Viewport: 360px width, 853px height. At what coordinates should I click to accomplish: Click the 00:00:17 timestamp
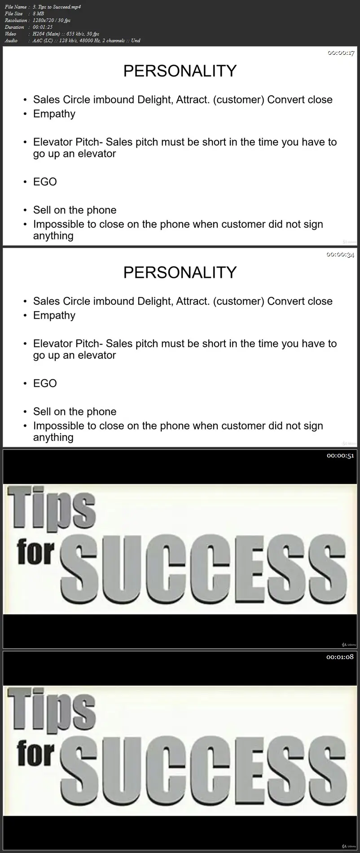pyautogui.click(x=341, y=53)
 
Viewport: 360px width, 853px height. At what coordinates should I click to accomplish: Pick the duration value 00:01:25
pyautogui.click(x=43, y=27)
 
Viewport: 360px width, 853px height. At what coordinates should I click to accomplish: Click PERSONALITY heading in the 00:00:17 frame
pyautogui.click(x=180, y=71)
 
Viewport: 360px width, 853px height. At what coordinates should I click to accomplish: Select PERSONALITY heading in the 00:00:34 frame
pyautogui.click(x=180, y=273)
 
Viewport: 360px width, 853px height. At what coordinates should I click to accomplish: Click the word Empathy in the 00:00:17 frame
pyautogui.click(x=54, y=114)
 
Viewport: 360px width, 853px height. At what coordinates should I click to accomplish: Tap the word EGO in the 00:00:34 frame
pyautogui.click(x=45, y=383)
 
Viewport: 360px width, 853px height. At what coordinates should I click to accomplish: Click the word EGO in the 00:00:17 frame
pyautogui.click(x=45, y=182)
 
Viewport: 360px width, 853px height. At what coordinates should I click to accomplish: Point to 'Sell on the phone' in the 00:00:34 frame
pyautogui.click(x=75, y=412)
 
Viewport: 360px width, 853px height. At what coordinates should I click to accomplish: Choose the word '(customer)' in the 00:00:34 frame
pyautogui.click(x=238, y=302)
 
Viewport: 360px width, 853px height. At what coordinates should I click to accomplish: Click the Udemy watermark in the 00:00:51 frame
pyautogui.click(x=349, y=644)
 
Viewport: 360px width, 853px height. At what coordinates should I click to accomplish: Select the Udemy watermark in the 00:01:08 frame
pyautogui.click(x=349, y=846)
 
